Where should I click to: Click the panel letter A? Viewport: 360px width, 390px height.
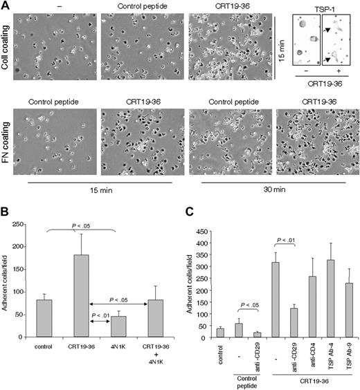[5, 6]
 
